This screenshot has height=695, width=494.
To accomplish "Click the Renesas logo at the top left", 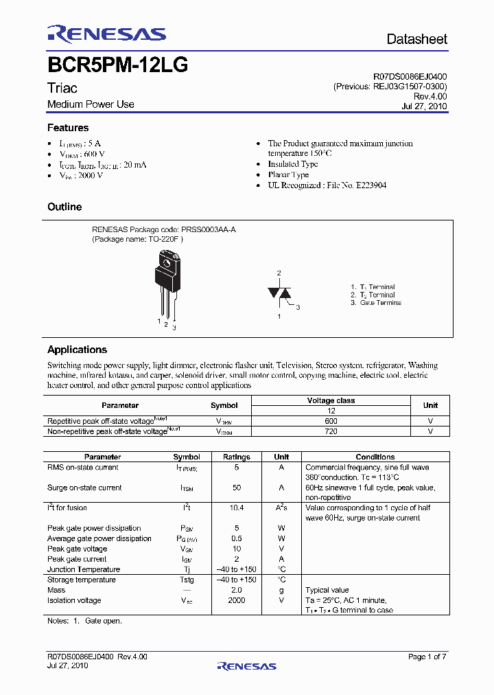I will coord(106,34).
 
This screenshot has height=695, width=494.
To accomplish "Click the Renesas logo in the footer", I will coord(246,665).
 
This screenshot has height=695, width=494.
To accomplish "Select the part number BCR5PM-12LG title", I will coord(117,66).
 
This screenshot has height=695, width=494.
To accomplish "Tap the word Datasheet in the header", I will coord(416,39).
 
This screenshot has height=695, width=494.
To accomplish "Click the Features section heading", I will coord(68,128).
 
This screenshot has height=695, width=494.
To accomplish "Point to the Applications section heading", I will coord(77,350).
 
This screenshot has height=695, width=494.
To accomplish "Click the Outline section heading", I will coord(64,207).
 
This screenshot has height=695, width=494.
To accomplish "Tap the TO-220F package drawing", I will coord(167,282).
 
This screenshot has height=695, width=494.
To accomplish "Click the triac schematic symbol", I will coord(279,293).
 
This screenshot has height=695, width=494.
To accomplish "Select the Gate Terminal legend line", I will coord(375,303).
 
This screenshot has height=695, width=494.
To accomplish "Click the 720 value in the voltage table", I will coord(331,431).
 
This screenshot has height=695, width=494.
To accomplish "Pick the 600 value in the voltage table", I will coord(331,420).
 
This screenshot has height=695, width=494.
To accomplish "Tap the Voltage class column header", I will coord(331,400).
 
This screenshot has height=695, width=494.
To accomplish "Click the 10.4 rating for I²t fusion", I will coord(237,508).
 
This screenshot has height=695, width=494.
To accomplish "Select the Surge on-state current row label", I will coord(84,488).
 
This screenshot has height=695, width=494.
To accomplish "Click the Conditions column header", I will coord(375,457).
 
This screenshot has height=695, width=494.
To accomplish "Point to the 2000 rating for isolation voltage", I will coord(237,600).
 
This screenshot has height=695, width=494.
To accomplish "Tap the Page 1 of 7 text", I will coord(427,657).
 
